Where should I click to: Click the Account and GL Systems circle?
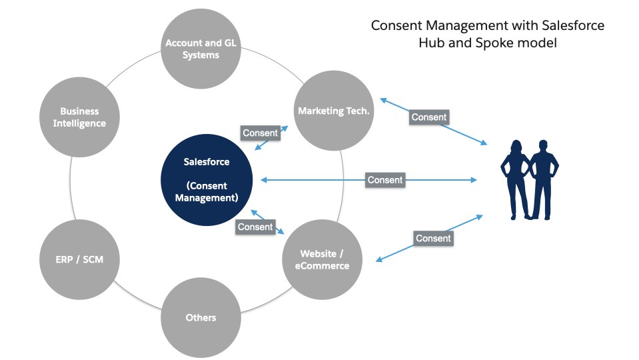(x=201, y=49)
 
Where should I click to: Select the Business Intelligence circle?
(x=79, y=117)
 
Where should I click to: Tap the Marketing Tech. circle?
(x=333, y=111)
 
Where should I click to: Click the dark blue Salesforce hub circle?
(x=207, y=180)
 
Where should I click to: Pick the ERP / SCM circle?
(x=79, y=259)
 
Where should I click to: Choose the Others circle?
(x=201, y=317)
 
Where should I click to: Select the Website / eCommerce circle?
(x=324, y=259)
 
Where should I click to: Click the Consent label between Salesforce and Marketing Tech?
(x=260, y=133)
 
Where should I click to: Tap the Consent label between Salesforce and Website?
(x=255, y=227)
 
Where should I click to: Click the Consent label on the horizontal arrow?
(x=385, y=180)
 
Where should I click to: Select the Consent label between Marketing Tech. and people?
(x=429, y=117)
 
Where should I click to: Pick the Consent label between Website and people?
(x=433, y=238)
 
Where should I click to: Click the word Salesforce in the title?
(x=574, y=25)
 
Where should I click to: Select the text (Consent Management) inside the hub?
(x=207, y=191)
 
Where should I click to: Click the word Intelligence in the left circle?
(x=79, y=123)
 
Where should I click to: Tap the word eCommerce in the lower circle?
(x=324, y=265)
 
